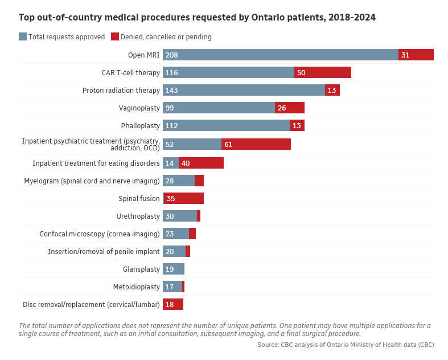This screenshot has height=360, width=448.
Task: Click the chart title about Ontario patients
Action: point(197,18)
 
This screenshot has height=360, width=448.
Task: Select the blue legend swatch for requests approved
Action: point(23,36)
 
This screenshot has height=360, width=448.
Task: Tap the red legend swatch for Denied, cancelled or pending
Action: point(115,36)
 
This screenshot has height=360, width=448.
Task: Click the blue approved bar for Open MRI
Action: point(280,55)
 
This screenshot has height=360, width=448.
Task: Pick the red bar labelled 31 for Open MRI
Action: point(416,55)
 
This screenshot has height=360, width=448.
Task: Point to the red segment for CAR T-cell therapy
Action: point(323,72)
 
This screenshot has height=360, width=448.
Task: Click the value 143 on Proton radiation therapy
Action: point(172,90)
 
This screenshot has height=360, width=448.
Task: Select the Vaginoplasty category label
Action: point(139,108)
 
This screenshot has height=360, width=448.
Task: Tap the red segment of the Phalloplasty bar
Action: point(297,125)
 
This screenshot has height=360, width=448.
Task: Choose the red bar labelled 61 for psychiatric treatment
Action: point(256,144)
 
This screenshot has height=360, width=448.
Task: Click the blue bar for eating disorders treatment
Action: point(171,163)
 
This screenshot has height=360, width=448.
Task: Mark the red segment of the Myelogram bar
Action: point(199,181)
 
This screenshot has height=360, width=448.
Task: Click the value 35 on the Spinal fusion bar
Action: point(171,198)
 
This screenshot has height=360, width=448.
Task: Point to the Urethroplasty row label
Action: point(138,216)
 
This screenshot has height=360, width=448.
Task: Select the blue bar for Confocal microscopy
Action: point(176,234)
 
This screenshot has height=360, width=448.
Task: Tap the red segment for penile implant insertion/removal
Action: point(188,251)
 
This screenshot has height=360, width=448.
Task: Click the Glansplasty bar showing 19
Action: point(174,269)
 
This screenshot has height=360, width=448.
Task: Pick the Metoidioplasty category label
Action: point(137,287)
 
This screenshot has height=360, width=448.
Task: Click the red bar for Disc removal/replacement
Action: point(173,304)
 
